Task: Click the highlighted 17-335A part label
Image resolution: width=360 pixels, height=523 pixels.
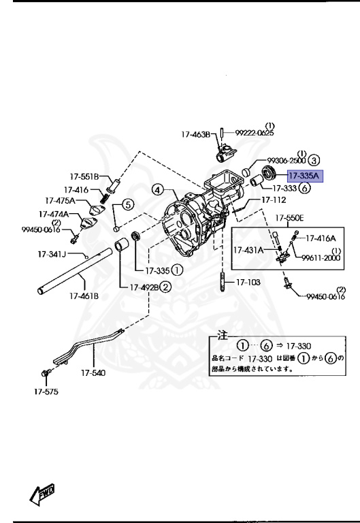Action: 306,175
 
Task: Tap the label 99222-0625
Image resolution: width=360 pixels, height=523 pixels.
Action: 255,133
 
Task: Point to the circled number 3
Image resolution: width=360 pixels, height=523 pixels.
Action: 313,160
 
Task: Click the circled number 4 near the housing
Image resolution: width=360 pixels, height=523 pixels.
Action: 157,190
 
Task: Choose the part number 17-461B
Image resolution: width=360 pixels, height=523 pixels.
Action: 82,296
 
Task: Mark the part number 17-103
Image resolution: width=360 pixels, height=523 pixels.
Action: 248,281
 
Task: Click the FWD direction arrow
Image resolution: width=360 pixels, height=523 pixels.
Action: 42,493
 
